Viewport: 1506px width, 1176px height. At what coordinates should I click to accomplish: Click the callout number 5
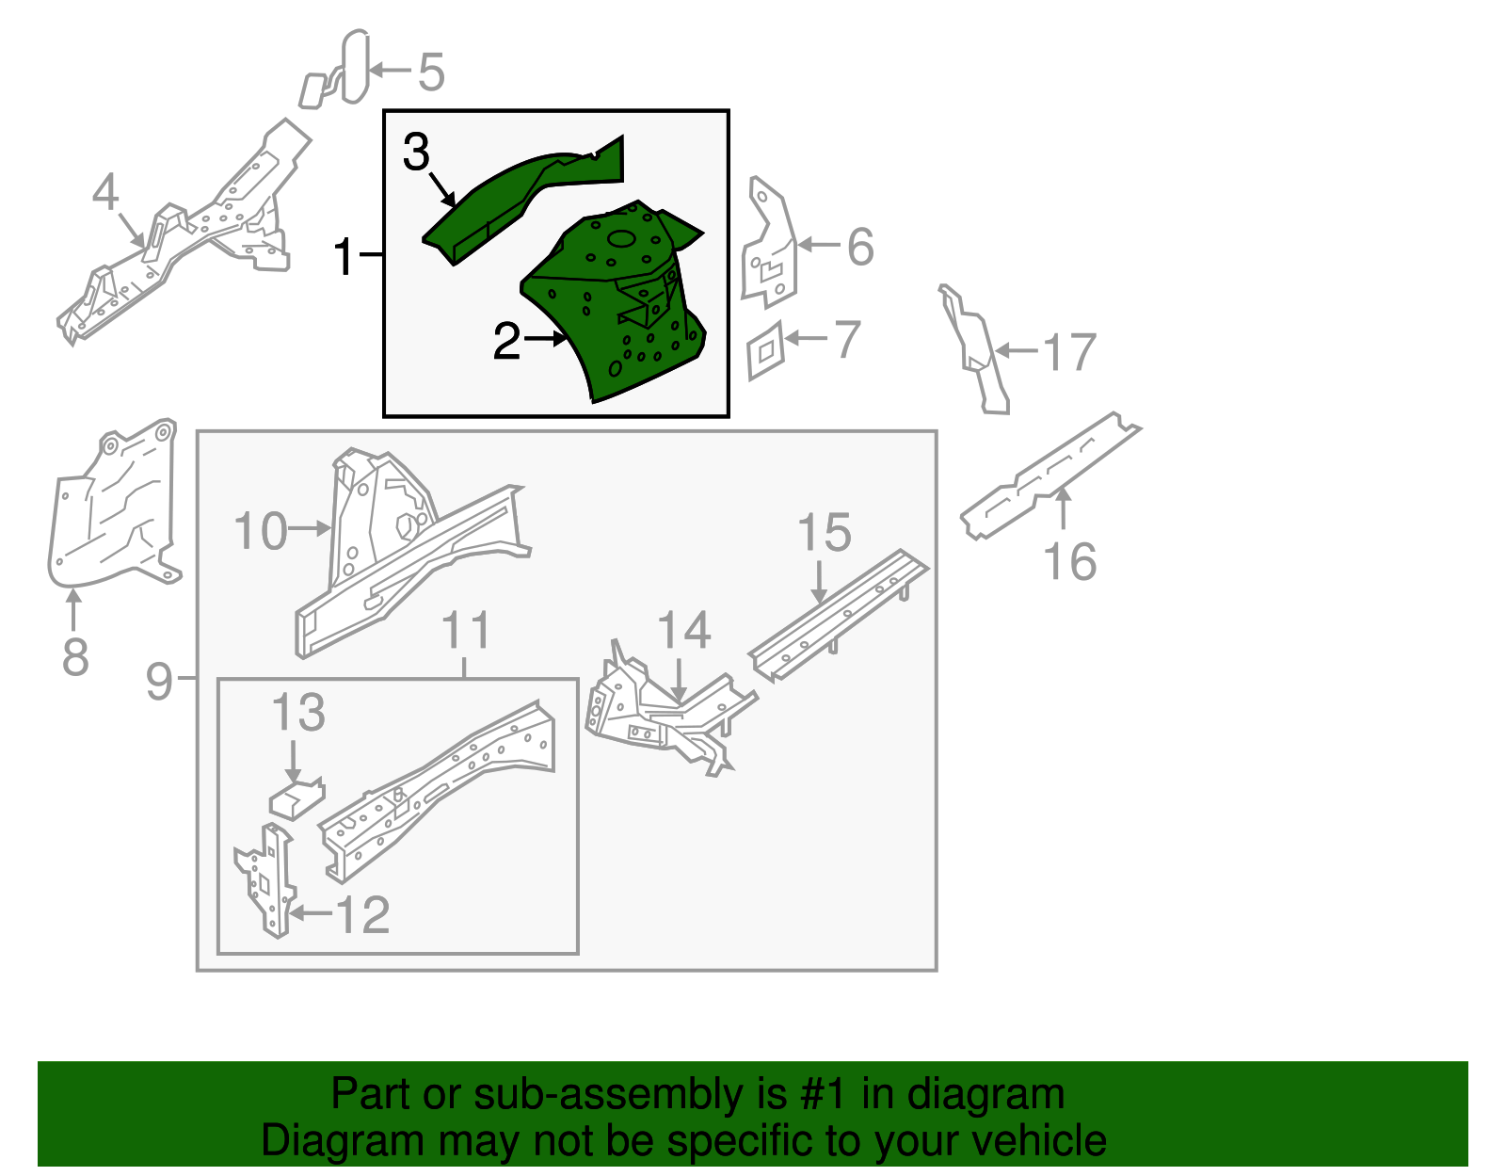[431, 72]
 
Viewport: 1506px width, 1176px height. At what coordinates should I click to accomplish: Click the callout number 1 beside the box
[344, 256]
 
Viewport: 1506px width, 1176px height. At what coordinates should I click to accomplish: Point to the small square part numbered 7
[766, 350]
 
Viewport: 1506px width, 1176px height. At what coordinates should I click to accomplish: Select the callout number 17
[1069, 353]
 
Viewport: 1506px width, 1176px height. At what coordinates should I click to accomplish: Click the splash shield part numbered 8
[108, 513]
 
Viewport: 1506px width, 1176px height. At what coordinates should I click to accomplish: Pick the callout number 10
[260, 532]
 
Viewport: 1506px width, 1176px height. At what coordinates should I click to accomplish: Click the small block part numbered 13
[296, 797]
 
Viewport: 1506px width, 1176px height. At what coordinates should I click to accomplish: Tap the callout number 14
[683, 631]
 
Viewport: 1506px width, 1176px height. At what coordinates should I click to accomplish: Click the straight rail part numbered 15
[838, 612]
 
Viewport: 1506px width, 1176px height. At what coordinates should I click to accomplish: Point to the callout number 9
[159, 680]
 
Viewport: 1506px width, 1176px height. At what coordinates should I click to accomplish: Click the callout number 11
[466, 631]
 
